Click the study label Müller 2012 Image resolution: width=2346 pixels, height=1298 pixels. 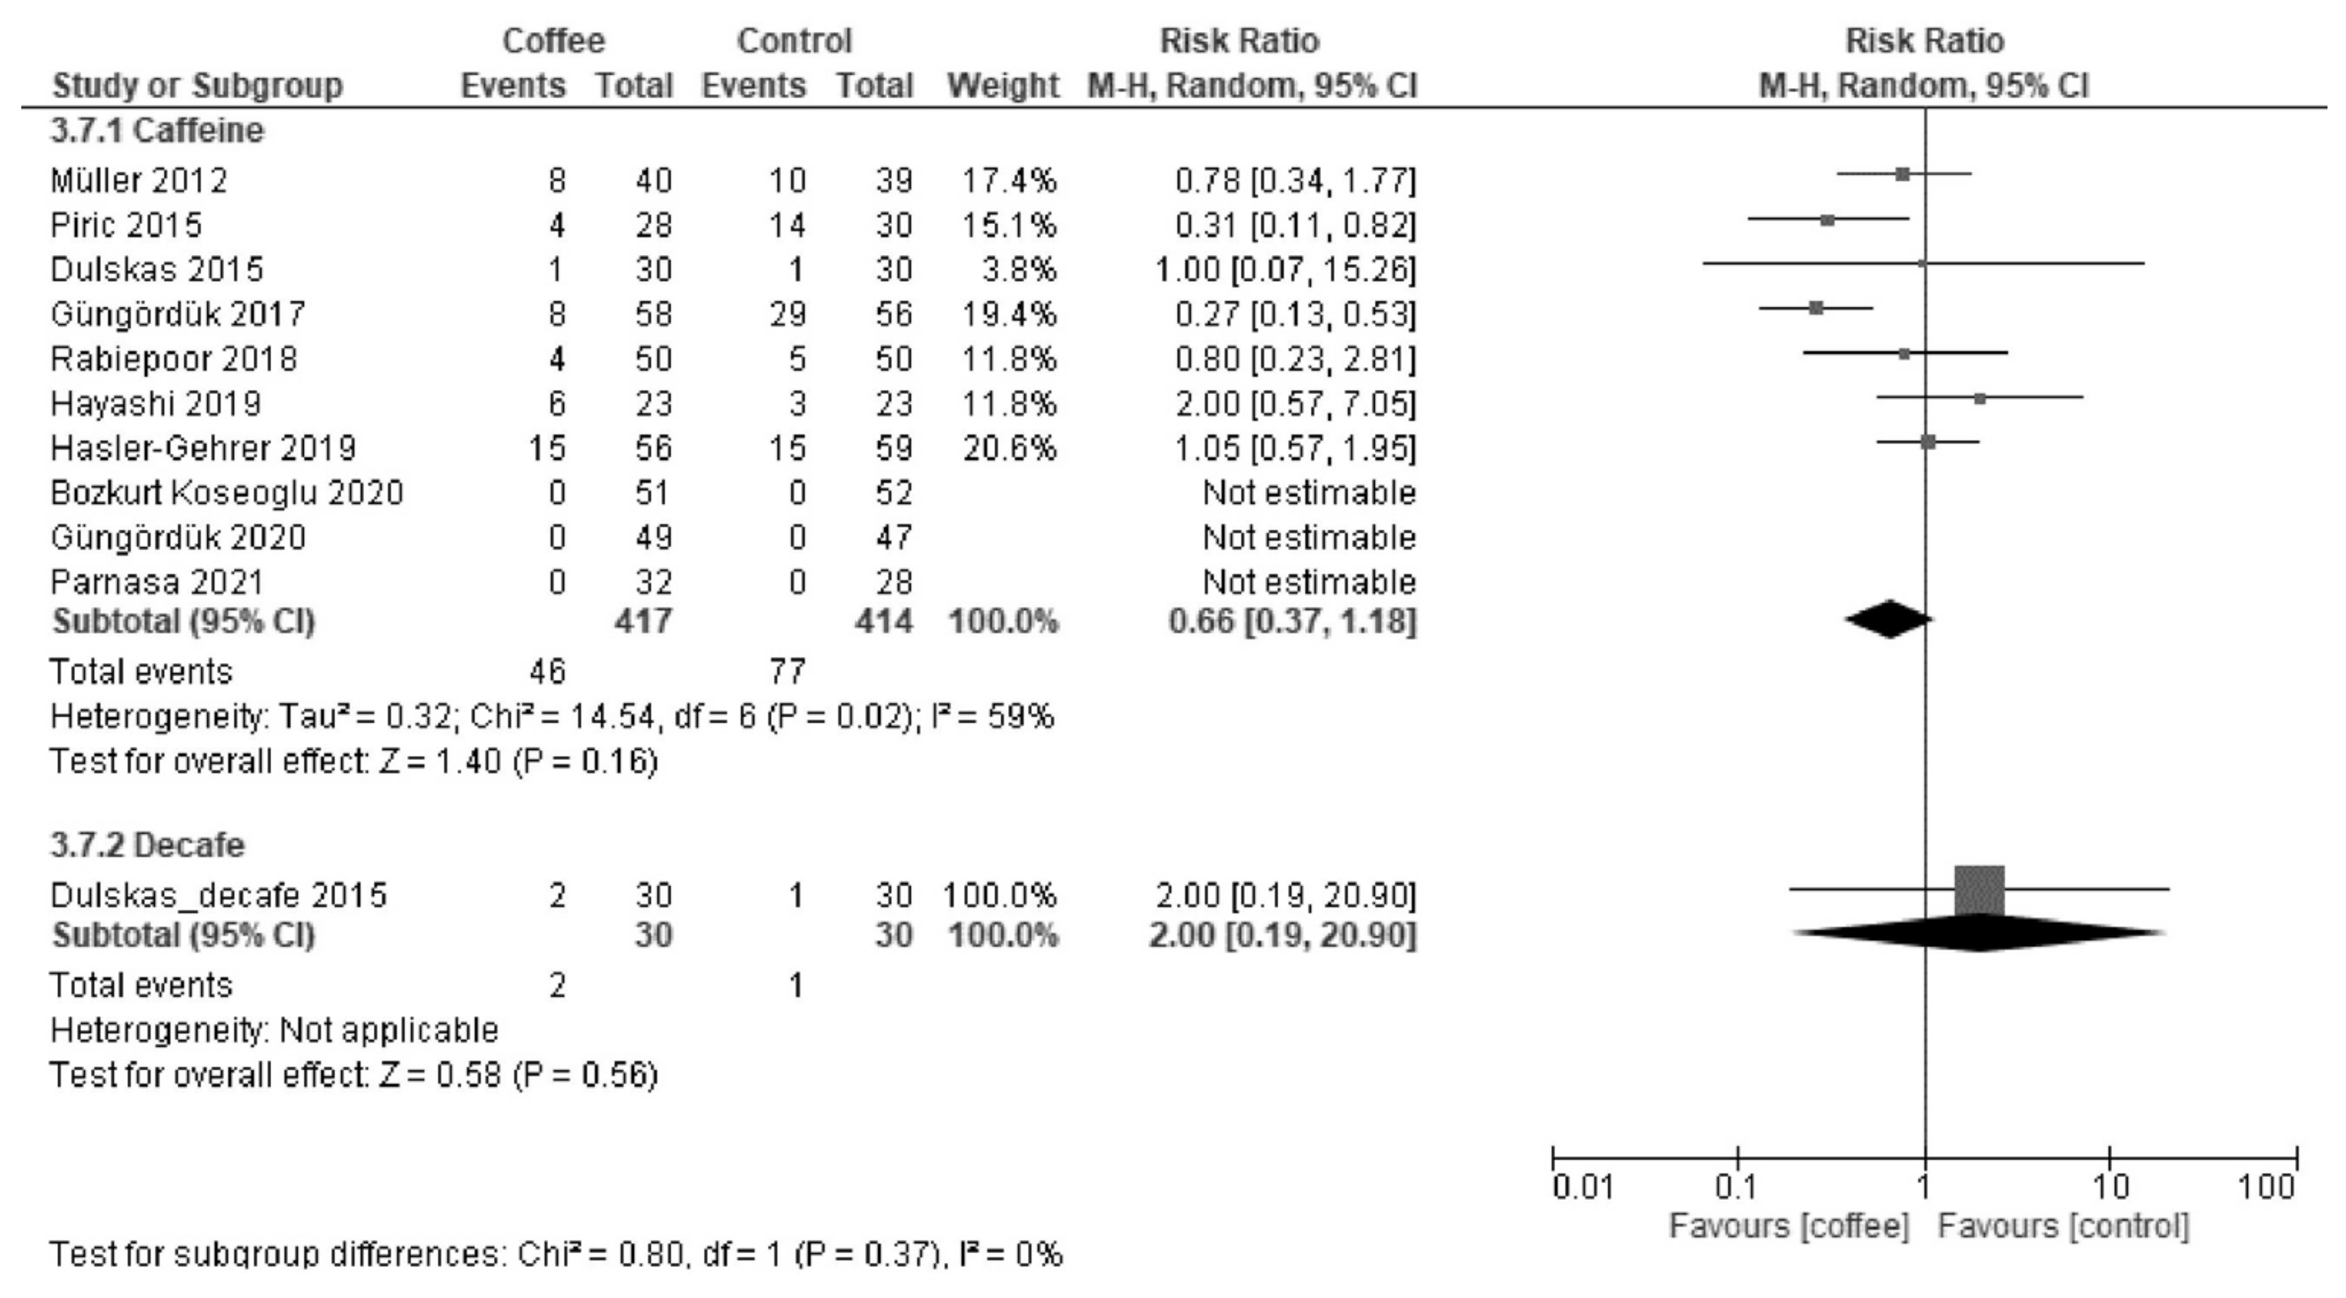tap(138, 180)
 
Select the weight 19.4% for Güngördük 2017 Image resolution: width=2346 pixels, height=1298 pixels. tap(1009, 314)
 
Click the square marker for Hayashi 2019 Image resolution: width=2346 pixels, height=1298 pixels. tap(1980, 398)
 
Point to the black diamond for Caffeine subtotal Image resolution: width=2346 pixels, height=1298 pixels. tap(1889, 619)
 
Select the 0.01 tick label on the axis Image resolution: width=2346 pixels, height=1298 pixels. tap(1583, 1188)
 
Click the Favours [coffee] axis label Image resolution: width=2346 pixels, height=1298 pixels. tap(1788, 1226)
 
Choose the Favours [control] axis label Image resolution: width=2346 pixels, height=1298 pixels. tap(2063, 1226)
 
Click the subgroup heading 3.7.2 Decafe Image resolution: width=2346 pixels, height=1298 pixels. tap(147, 845)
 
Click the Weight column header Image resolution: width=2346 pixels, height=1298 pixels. tap(1003, 86)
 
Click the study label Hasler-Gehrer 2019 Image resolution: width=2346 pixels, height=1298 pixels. tap(203, 448)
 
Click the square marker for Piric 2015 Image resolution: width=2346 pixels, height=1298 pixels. tap(1827, 220)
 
